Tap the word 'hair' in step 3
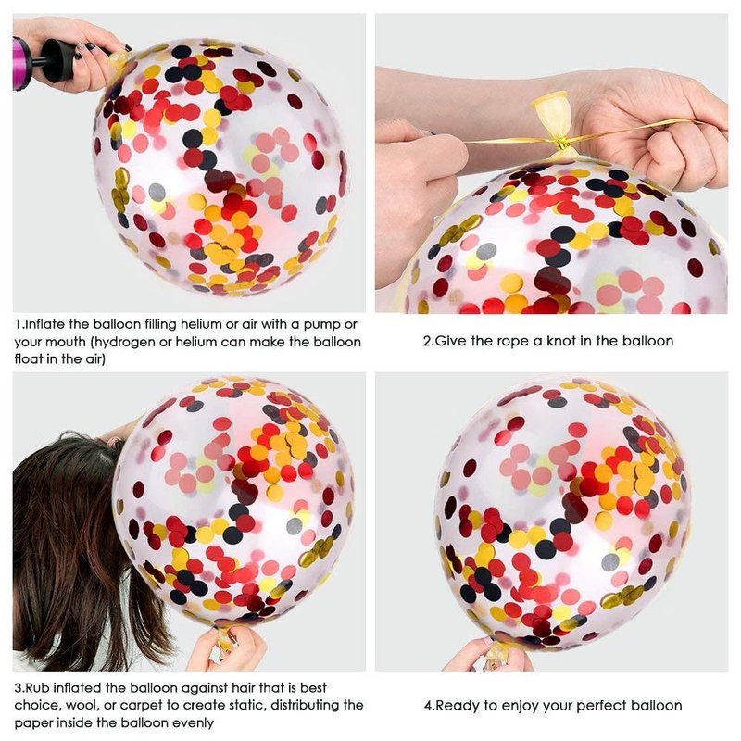coord(244,687)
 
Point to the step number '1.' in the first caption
coord(19,325)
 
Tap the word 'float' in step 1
coord(29,359)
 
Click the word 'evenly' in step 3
coord(191,723)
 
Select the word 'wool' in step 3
coord(82,706)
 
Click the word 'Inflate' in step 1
coord(44,325)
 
